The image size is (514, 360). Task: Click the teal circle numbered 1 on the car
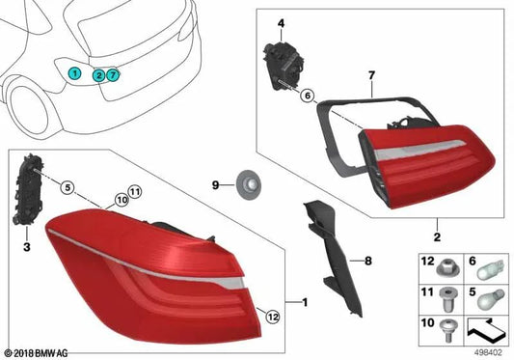(74, 72)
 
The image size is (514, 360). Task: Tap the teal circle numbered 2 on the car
(98, 74)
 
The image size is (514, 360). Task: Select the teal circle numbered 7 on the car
(113, 74)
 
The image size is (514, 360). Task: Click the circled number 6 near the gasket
(307, 96)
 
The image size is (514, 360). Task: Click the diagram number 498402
(492, 351)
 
